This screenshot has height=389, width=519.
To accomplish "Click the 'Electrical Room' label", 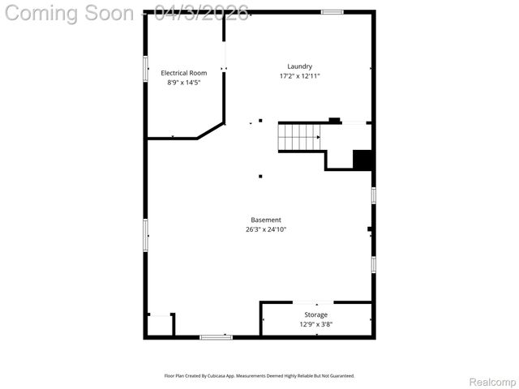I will tap(183, 73).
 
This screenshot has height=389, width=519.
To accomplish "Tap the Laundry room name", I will tap(299, 66).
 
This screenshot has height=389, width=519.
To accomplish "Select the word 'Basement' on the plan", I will tap(266, 220).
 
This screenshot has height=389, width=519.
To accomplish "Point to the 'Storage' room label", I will tap(315, 314).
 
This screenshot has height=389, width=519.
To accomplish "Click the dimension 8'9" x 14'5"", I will tap(183, 83).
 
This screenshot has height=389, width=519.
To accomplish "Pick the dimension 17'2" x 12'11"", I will tap(299, 76).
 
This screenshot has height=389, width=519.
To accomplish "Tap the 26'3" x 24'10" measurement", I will tap(266, 229).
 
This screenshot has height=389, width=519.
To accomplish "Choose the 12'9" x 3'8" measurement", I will tap(315, 324).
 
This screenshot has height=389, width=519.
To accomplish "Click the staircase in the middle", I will tap(298, 137).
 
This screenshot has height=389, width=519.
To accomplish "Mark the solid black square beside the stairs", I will tap(362, 160).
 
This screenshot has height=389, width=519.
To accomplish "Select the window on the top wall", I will tap(331, 11).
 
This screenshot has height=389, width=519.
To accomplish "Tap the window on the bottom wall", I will tap(216, 337).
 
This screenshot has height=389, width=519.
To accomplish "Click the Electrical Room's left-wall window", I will tap(146, 68).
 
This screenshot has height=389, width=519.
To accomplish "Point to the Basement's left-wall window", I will tap(146, 235).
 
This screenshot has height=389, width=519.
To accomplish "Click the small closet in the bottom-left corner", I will tap(160, 325).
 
